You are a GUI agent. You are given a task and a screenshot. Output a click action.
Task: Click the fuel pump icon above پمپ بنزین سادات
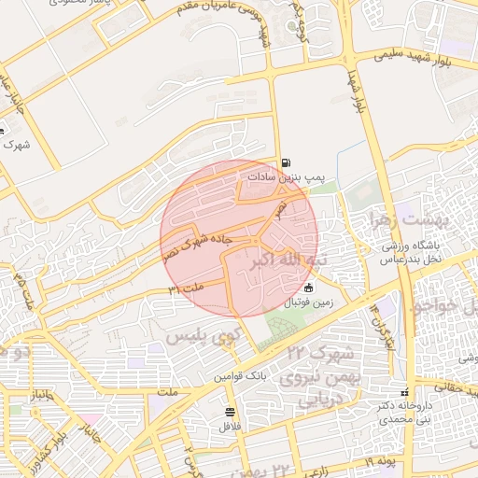pyautogui.click(x=285, y=162)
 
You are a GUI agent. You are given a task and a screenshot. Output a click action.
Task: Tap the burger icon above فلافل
pyautogui.click(x=231, y=412)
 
